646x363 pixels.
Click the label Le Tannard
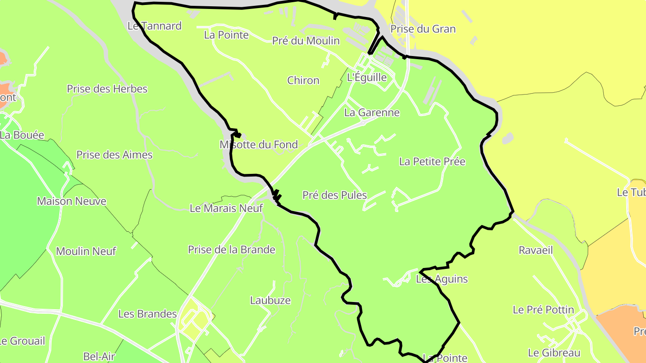click(155, 26)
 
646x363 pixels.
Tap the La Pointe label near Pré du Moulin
click(226, 35)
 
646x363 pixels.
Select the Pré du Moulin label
click(306, 41)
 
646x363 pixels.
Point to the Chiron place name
click(303, 81)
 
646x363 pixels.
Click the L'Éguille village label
click(367, 77)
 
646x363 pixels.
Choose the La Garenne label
click(372, 112)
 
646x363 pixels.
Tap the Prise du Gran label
click(423, 29)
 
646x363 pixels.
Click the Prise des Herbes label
click(107, 89)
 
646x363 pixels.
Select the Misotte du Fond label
click(259, 145)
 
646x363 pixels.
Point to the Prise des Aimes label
click(114, 155)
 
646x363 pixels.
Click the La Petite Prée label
click(432, 162)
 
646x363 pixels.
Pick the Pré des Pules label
click(335, 195)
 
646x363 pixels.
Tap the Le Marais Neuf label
click(227, 208)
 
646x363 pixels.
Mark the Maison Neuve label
click(72, 201)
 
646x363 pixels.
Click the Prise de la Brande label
click(231, 250)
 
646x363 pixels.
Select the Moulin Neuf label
click(86, 251)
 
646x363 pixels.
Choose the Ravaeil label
click(536, 251)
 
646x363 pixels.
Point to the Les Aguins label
click(442, 279)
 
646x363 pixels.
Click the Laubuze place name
click(271, 300)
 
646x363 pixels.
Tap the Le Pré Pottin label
click(543, 310)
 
